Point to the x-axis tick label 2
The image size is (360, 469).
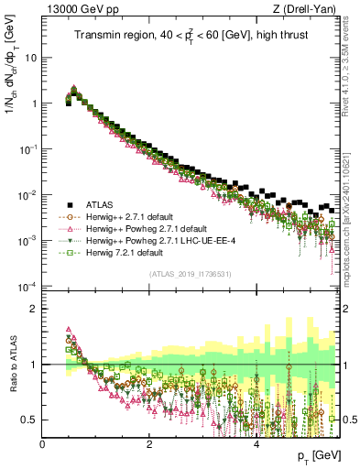pyautogui.click(x=149, y=443)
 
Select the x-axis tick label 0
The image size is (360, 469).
pyautogui.click(x=43, y=443)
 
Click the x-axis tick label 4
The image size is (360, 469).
pyautogui.click(x=256, y=443)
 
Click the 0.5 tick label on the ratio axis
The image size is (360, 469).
pyautogui.click(x=28, y=420)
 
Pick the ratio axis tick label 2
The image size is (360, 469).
pyautogui.click(x=33, y=308)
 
